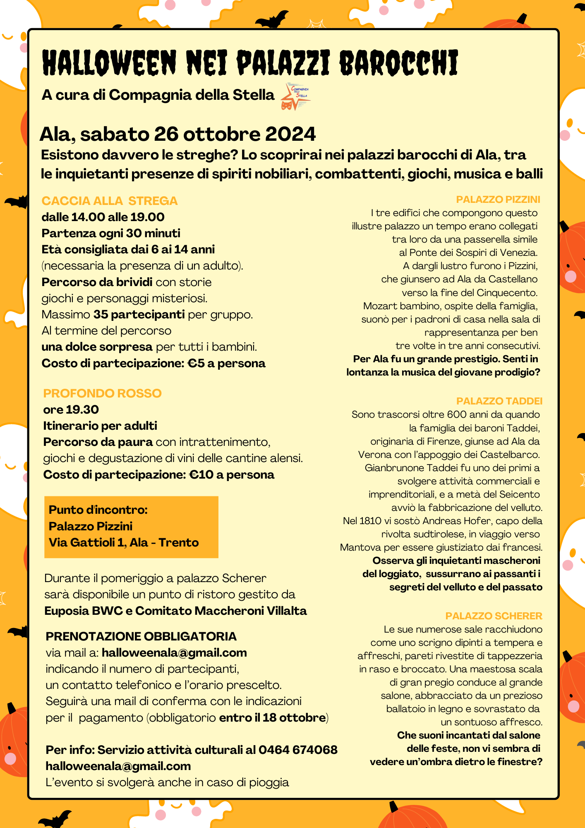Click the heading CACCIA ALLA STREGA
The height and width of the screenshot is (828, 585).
(x=110, y=201)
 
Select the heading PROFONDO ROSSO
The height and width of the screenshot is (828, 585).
(x=102, y=393)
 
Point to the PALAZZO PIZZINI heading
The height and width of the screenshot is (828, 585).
(x=498, y=200)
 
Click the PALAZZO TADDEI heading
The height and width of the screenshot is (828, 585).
(x=499, y=401)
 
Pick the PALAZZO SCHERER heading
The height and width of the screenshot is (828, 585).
(x=494, y=616)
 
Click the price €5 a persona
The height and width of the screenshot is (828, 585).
(x=226, y=363)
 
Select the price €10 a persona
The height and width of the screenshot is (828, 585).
(x=231, y=474)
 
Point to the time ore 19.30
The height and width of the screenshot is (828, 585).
(x=71, y=409)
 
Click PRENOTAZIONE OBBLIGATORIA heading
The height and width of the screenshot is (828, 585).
(x=141, y=636)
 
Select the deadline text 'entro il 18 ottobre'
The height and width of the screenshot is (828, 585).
(x=272, y=717)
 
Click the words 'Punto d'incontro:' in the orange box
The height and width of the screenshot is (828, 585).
(x=98, y=510)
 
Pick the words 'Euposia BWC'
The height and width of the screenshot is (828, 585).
(x=84, y=611)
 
